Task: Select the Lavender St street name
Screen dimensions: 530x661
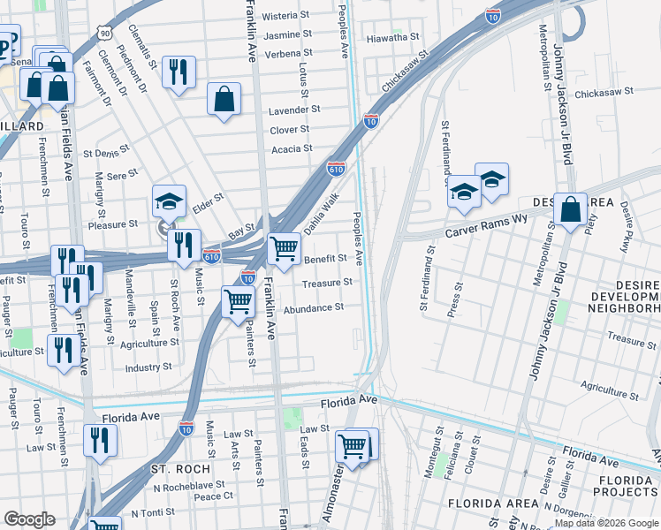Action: pos(294,110)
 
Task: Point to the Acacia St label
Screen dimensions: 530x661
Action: pos(292,148)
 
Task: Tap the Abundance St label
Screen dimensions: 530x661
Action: pos(314,307)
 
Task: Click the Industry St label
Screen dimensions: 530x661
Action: pos(148,367)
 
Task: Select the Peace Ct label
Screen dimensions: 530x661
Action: pos(214,496)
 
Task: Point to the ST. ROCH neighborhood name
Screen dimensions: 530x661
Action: pos(180,468)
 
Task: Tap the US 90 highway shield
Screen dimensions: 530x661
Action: pos(105,34)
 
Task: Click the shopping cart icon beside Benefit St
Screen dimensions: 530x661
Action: pos(284,249)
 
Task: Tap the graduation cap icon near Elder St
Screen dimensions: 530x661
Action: pos(169,201)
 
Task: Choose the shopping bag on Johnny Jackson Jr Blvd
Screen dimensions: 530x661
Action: pos(571,210)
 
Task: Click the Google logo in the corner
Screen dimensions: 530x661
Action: pos(30,519)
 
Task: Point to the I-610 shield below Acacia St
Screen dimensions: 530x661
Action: pos(336,167)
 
